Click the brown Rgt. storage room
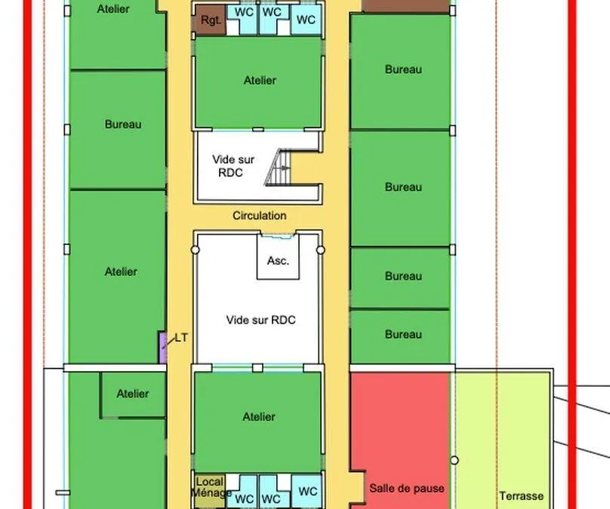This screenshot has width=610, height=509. point(209,20)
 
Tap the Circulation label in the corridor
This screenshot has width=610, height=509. point(260,216)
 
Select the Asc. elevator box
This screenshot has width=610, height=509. point(278,257)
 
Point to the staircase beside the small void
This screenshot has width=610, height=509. point(278,167)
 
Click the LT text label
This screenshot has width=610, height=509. point(181,338)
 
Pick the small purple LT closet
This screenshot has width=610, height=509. point(162,348)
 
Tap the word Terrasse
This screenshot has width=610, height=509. point(522,495)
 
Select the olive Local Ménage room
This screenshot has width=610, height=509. point(210,491)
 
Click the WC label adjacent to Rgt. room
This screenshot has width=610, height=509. point(244,12)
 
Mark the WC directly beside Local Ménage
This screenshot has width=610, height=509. point(244,498)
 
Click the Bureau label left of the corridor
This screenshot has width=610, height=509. point(123,124)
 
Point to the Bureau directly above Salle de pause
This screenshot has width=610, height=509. point(403,335)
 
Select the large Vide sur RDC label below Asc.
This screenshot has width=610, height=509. point(260,320)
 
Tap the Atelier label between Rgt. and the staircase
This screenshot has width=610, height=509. point(260,81)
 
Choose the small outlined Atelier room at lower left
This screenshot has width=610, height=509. point(133,395)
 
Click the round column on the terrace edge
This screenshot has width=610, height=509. point(454,461)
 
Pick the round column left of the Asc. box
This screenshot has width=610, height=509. point(196,250)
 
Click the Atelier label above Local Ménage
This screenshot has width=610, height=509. point(259,417)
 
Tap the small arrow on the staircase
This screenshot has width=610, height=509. point(285,168)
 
